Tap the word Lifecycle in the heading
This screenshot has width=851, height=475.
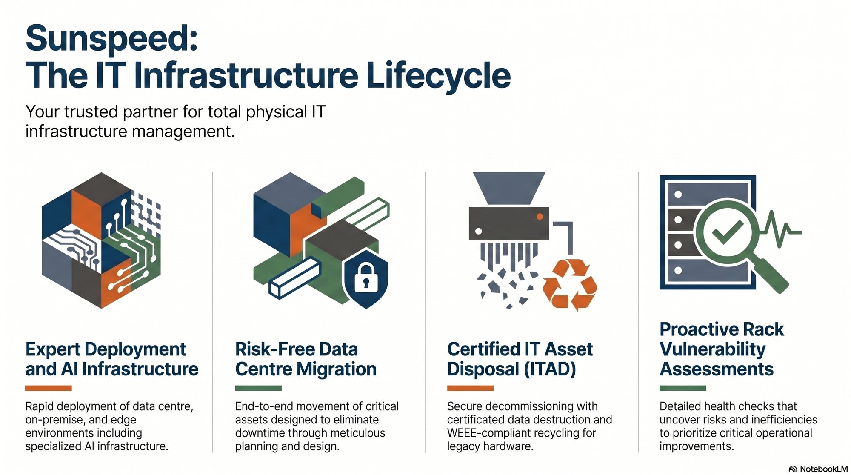click(438, 76)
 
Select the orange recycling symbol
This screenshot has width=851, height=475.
click(570, 285)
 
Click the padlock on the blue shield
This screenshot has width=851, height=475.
click(366, 277)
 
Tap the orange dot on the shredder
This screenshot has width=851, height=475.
click(540, 217)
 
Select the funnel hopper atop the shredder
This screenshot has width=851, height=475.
click(509, 189)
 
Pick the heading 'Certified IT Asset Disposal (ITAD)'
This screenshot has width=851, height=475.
click(520, 359)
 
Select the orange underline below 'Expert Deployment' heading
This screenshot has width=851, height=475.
click(48, 388)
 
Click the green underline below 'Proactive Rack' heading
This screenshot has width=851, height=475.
click(683, 388)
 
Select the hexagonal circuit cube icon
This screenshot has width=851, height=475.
click(101, 240)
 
